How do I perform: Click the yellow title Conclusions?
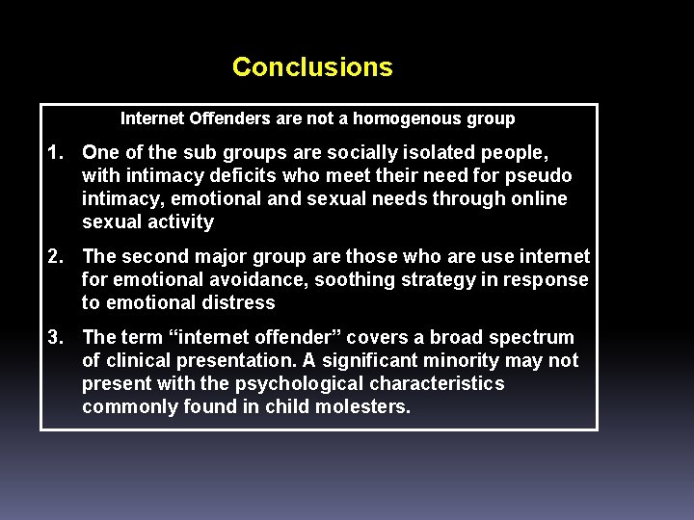[x=312, y=67]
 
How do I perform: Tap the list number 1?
[x=57, y=153]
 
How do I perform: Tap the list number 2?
[x=57, y=257]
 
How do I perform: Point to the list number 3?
[x=57, y=338]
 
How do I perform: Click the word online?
[x=539, y=199]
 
